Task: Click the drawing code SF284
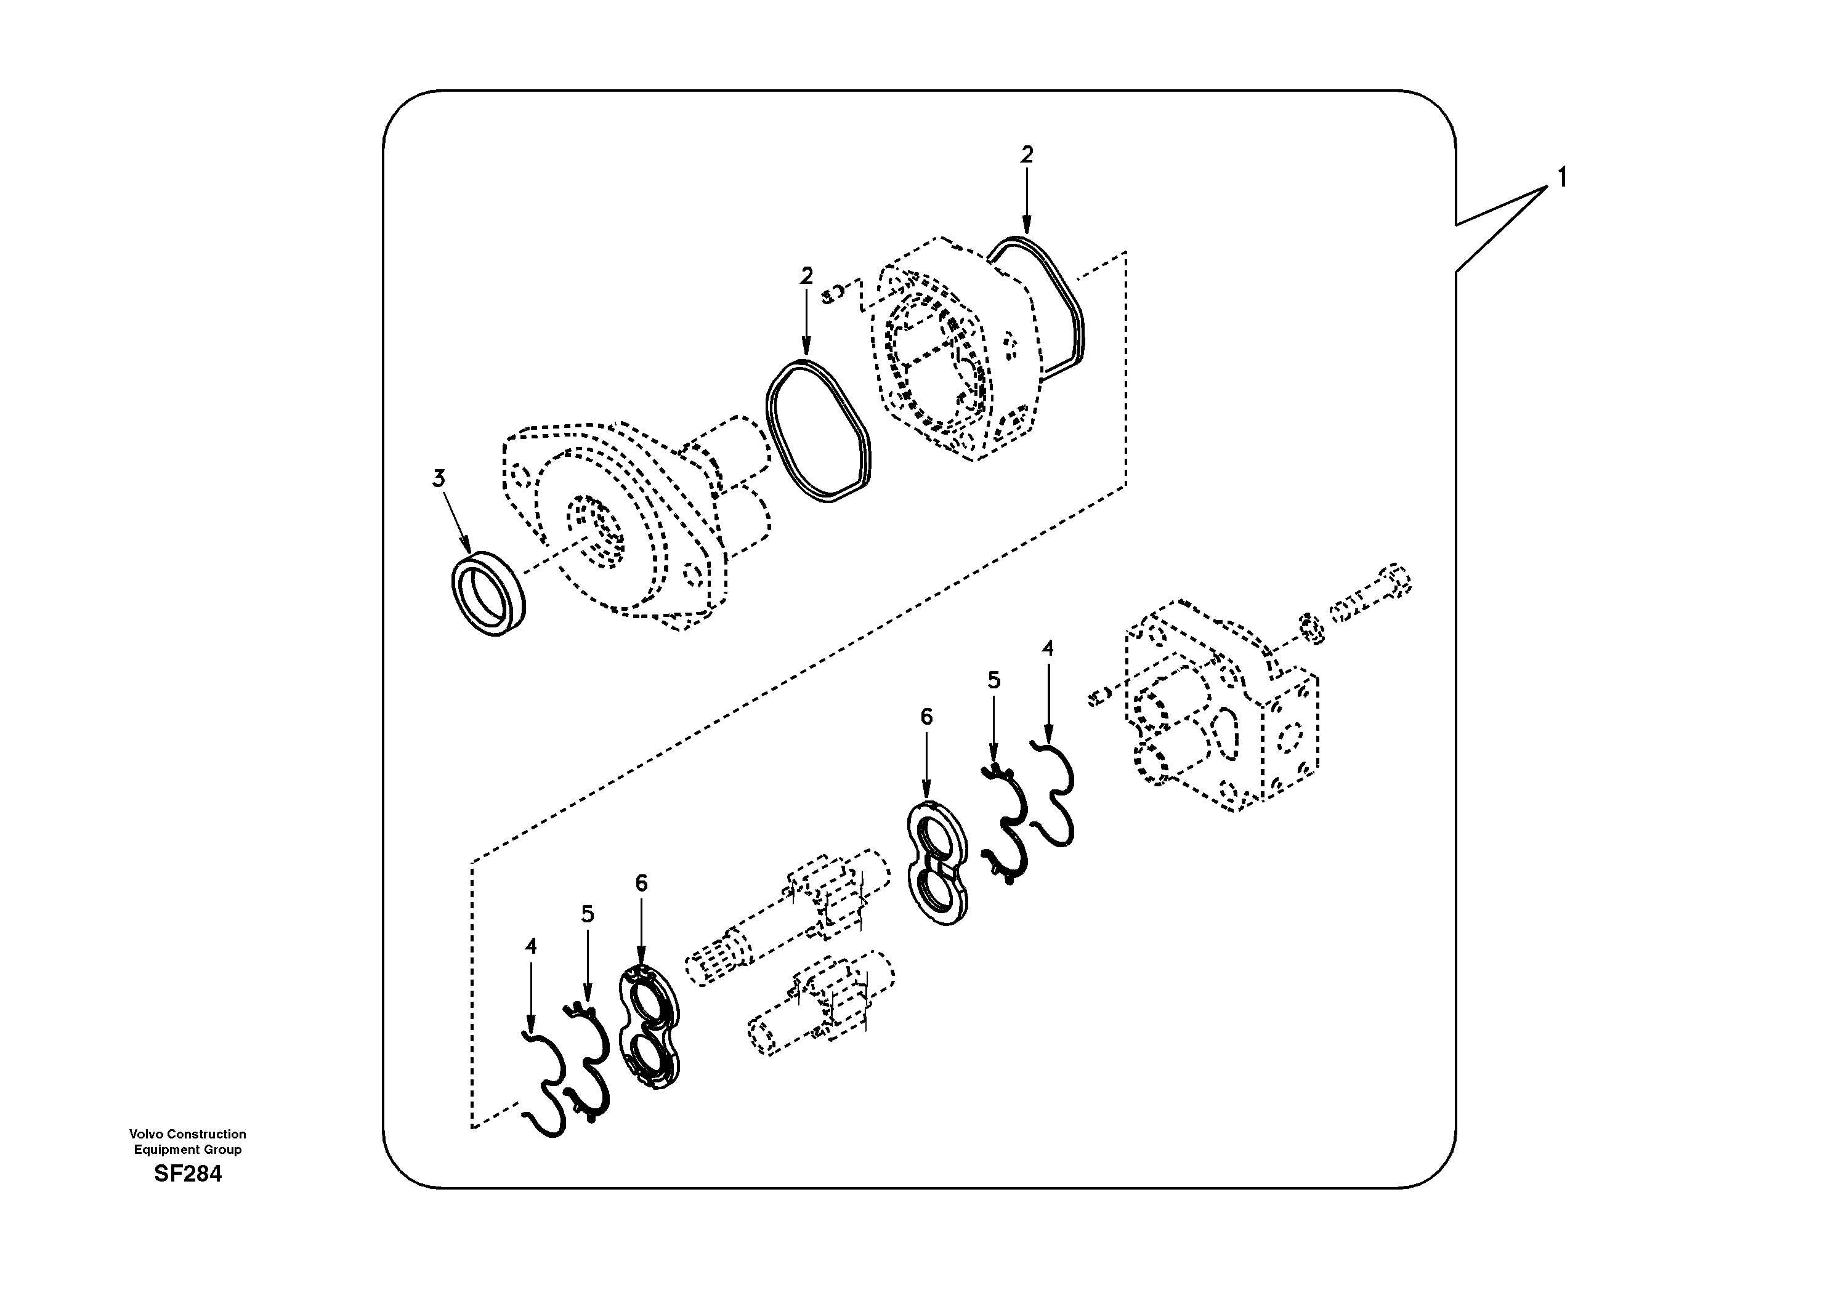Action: pyautogui.click(x=188, y=1174)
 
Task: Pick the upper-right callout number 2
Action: pyautogui.click(x=1027, y=154)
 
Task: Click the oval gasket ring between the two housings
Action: pyautogui.click(x=819, y=432)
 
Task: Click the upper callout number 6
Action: pyautogui.click(x=926, y=717)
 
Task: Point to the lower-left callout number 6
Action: pyautogui.click(x=641, y=883)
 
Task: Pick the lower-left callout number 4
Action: pyautogui.click(x=531, y=946)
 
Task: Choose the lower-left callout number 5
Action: pyautogui.click(x=588, y=914)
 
